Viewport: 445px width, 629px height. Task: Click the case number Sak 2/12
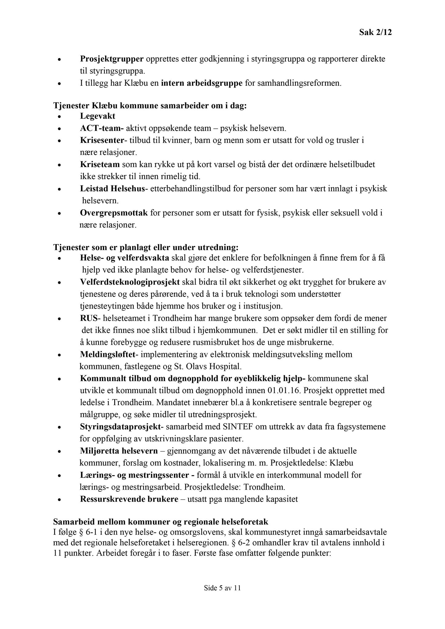coord(376,33)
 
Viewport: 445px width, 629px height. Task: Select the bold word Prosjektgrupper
coord(112,59)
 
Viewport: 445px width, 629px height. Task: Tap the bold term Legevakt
coord(98,116)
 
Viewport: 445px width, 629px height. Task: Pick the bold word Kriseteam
coord(100,165)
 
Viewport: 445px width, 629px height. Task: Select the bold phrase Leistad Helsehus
coord(112,189)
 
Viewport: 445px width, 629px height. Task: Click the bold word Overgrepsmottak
coord(114,213)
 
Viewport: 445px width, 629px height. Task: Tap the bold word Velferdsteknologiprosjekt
coord(130,282)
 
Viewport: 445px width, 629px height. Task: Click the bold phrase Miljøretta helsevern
coord(119,451)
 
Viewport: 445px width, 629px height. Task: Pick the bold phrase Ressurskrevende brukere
coord(129,499)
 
